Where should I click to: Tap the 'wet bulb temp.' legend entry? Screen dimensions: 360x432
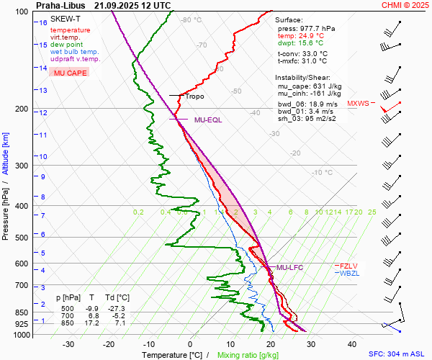[74, 52]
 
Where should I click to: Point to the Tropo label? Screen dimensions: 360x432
[194, 96]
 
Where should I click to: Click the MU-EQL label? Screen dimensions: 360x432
[207, 120]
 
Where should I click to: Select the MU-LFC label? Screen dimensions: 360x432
[289, 267]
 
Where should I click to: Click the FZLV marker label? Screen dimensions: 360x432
[349, 266]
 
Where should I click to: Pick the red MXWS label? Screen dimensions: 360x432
[358, 104]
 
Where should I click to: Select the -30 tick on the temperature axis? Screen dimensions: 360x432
[68, 344]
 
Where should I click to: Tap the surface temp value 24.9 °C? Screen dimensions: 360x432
[310, 35]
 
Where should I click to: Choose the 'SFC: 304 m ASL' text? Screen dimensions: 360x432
[397, 354]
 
